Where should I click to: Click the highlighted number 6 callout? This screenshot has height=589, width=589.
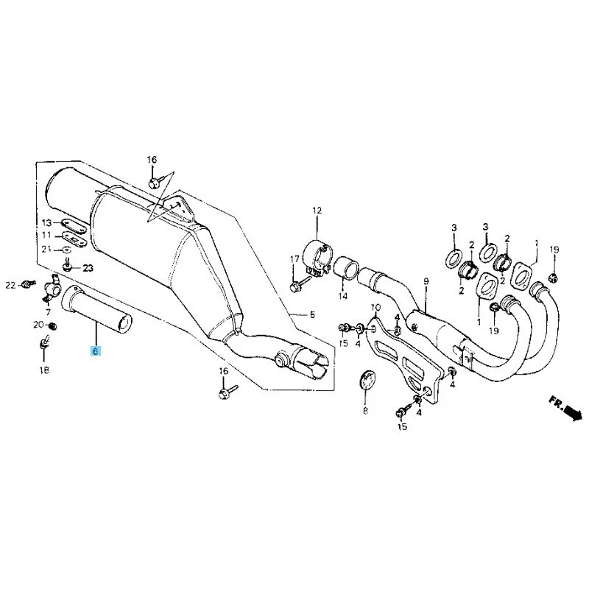point(95,352)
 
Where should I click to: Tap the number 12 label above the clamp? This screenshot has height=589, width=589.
point(317,211)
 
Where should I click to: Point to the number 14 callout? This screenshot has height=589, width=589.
point(342,297)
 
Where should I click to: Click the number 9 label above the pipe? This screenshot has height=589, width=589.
point(425,282)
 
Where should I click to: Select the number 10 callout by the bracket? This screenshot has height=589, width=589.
point(375,307)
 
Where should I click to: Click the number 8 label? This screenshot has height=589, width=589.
point(365,412)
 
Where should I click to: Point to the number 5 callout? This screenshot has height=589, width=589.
point(311,314)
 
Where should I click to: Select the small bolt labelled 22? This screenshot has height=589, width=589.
point(28,283)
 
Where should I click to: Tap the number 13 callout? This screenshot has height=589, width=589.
point(46,223)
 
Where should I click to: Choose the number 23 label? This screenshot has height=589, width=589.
point(88,268)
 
